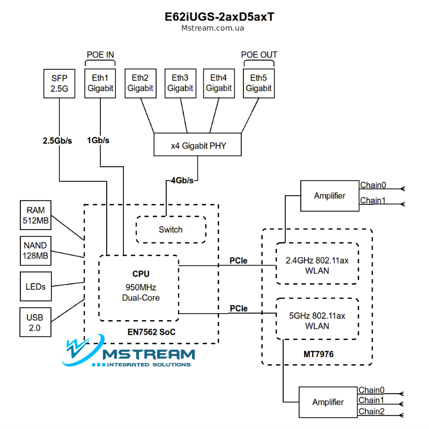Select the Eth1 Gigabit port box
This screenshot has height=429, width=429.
pyautogui.click(x=100, y=83)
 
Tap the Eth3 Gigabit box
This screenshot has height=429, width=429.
pyautogui.click(x=180, y=83)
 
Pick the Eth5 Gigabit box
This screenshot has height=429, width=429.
pyautogui.click(x=259, y=83)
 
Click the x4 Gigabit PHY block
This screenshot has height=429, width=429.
pyautogui.click(x=197, y=145)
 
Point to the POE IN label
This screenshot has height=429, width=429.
pyautogui.click(x=100, y=55)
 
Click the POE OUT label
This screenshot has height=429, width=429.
pyautogui.click(x=259, y=55)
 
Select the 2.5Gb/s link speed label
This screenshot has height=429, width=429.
pyautogui.click(x=57, y=141)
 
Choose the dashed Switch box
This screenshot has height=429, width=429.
pyautogui.click(x=171, y=230)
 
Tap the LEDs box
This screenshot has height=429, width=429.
pyautogui.click(x=35, y=286)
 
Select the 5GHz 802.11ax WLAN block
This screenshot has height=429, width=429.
pyautogui.click(x=317, y=320)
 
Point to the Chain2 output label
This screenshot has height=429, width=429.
pyautogui.click(x=372, y=411)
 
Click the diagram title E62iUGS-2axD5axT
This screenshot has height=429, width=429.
pyautogui.click(x=213, y=17)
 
